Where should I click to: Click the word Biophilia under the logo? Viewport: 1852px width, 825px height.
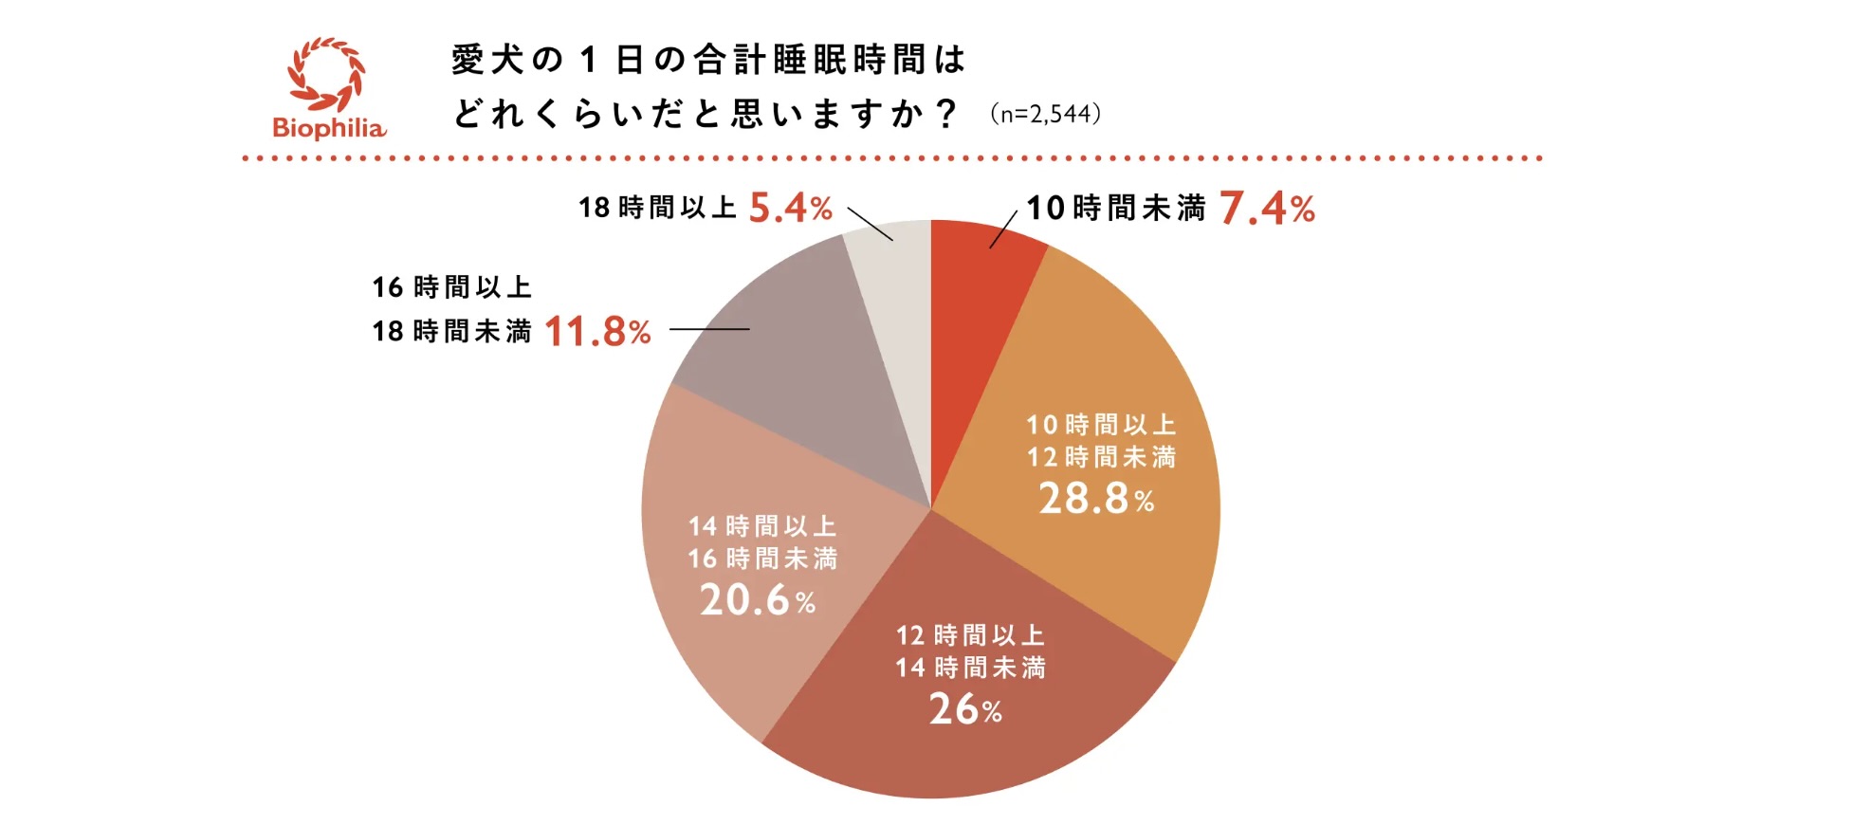pos(329,128)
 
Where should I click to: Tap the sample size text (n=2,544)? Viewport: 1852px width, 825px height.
pos(1045,115)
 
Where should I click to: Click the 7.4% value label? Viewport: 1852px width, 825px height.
pos(1266,209)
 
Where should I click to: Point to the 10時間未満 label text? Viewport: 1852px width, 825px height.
pos(1116,208)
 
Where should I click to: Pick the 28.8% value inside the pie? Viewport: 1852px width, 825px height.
pos(1096,499)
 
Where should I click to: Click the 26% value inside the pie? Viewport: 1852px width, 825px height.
pos(964,709)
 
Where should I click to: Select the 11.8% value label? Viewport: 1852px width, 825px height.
pos(597,332)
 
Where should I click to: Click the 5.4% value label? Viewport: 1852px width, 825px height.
pos(790,208)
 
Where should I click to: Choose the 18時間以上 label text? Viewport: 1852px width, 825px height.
pos(657,208)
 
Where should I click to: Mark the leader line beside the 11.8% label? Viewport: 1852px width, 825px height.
pos(709,329)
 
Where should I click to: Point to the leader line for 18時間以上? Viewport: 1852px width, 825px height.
pos(870,224)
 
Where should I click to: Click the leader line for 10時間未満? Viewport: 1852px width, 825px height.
pos(1003,229)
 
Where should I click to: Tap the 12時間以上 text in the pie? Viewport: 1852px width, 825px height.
pos(970,635)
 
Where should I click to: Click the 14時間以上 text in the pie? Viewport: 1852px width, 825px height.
pos(761,526)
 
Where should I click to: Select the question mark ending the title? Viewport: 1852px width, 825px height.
pos(945,115)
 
